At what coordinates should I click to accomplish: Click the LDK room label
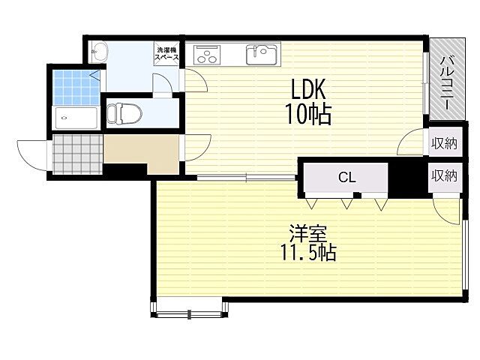(x=307, y=89)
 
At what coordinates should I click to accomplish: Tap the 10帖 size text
(x=308, y=114)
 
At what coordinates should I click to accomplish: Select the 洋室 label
(x=308, y=234)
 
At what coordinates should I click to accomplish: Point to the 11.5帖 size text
(x=308, y=253)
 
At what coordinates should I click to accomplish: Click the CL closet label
(x=346, y=177)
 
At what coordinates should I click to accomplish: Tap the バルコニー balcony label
(x=447, y=82)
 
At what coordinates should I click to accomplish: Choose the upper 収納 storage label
(x=445, y=143)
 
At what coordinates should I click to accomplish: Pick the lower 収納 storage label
(x=445, y=175)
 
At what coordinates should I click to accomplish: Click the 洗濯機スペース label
(x=166, y=54)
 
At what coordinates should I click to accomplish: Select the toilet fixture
(x=124, y=113)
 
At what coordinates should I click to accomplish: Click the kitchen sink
(x=262, y=55)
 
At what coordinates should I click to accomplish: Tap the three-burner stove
(x=207, y=55)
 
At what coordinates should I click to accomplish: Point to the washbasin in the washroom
(x=99, y=52)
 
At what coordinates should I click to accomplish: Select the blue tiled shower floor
(x=76, y=88)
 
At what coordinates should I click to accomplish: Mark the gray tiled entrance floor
(x=77, y=154)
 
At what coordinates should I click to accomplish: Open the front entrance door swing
(x=32, y=155)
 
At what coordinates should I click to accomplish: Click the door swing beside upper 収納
(x=410, y=142)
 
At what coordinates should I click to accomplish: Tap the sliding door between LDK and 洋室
(x=246, y=177)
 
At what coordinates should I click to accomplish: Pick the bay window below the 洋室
(x=190, y=307)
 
